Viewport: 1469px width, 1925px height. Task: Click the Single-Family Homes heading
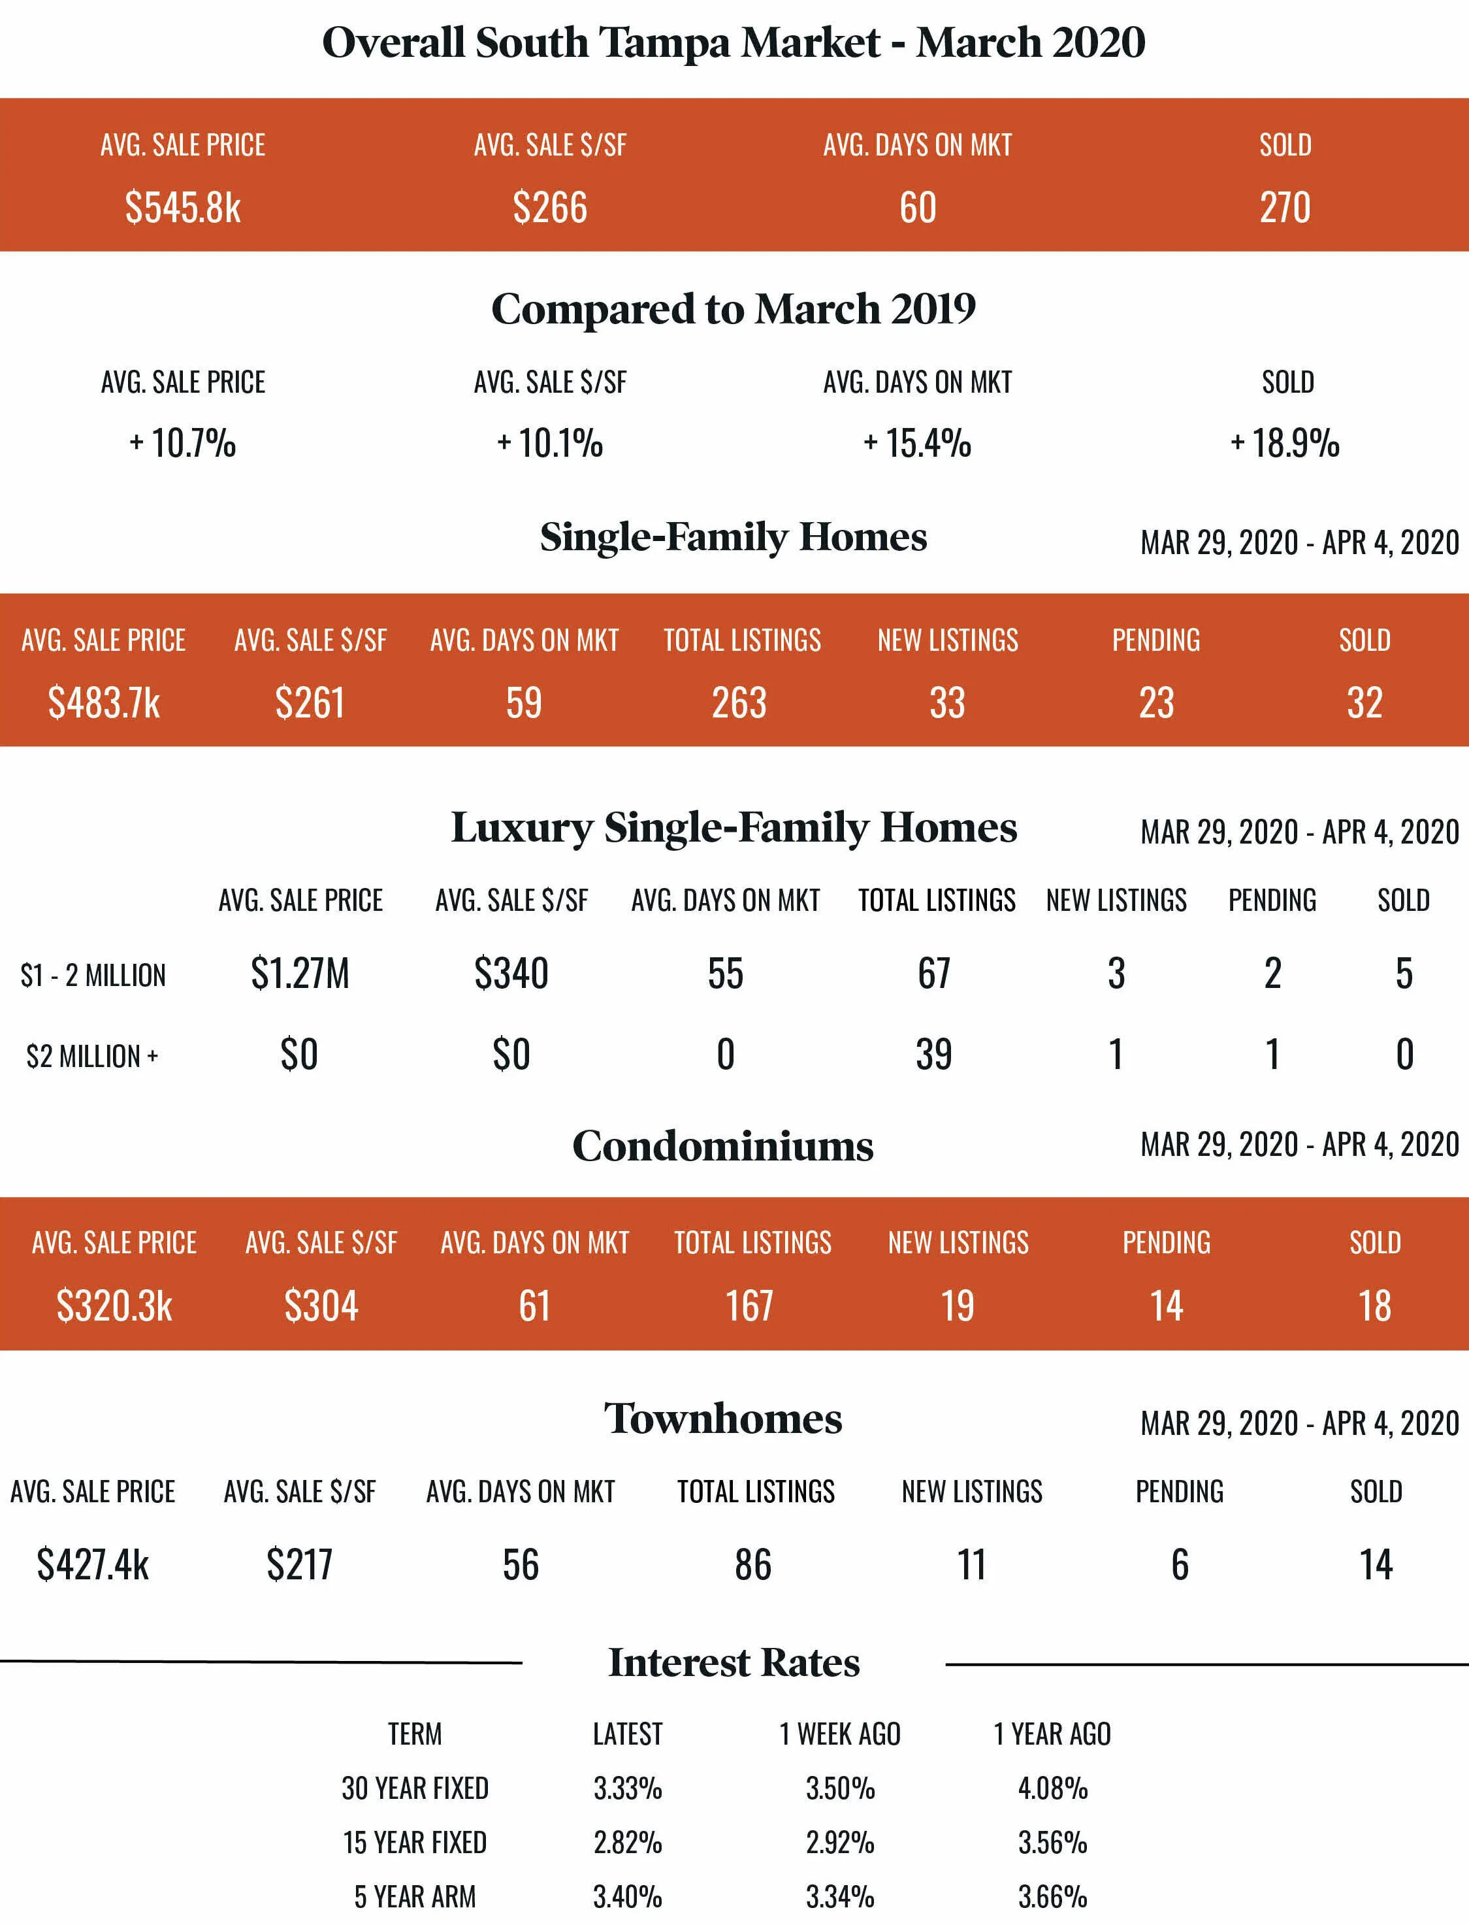(x=733, y=537)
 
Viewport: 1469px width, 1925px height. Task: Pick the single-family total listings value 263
(x=740, y=703)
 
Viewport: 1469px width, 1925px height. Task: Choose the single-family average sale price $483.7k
(x=104, y=703)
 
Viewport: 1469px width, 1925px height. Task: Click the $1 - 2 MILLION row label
(x=93, y=975)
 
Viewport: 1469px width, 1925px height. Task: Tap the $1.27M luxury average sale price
(x=300, y=974)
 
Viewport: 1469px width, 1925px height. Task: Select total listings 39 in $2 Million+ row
(x=934, y=1055)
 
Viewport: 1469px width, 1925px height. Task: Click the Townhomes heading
(x=722, y=1419)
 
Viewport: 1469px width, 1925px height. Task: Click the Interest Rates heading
(x=734, y=1662)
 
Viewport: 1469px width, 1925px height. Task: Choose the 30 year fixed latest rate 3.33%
(x=628, y=1788)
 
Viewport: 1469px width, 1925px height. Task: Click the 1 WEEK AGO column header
(x=839, y=1734)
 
